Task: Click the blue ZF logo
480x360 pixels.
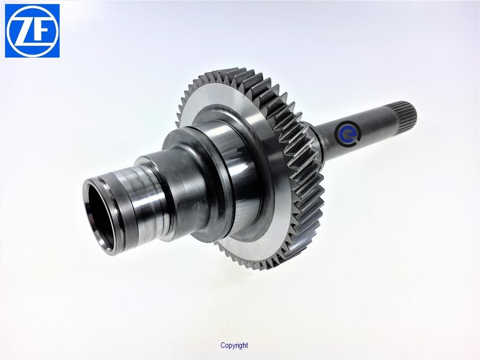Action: click(32, 31)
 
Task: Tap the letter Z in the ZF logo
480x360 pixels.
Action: click(24, 31)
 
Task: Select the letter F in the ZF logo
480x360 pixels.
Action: click(41, 31)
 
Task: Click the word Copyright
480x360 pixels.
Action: click(234, 346)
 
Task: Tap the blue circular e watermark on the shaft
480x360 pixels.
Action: click(348, 133)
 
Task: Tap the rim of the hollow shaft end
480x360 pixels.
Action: click(99, 217)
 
